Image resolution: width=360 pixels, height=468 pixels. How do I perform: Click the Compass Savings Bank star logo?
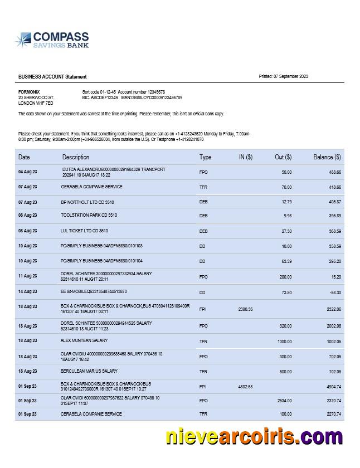(x=23, y=40)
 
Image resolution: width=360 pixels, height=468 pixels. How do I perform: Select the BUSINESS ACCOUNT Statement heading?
(x=52, y=77)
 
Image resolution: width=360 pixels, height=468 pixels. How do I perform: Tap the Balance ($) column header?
(x=327, y=157)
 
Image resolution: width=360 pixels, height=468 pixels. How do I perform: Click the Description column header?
(x=76, y=157)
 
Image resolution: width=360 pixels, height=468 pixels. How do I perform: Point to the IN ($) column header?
(x=245, y=157)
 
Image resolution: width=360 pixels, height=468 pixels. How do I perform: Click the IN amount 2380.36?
(x=245, y=309)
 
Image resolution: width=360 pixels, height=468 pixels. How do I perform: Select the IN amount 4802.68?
(x=245, y=386)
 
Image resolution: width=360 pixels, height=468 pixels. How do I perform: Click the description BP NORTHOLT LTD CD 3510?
(x=91, y=202)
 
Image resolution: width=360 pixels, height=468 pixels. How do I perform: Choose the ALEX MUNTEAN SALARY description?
(x=84, y=340)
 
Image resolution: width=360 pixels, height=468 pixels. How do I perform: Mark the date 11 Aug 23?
(x=27, y=276)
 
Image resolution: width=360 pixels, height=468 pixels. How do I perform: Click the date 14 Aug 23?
(x=27, y=291)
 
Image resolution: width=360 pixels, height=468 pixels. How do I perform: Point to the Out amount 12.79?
(x=286, y=202)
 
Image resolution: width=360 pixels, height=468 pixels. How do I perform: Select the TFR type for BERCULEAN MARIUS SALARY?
(x=203, y=372)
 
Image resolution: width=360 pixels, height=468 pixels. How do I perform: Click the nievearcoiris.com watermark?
(x=254, y=437)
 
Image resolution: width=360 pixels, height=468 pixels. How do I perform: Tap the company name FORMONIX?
(x=29, y=91)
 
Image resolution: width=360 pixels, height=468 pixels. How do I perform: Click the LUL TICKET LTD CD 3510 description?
(x=84, y=230)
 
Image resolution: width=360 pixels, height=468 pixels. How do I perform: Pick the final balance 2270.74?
(x=333, y=414)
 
